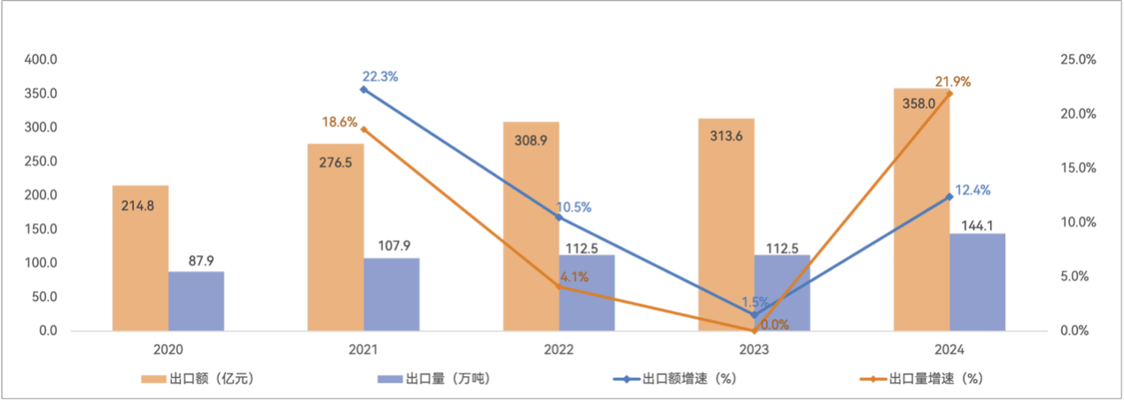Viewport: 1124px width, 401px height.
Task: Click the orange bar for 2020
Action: (x=140, y=258)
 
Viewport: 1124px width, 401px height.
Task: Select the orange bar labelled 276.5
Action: (x=335, y=236)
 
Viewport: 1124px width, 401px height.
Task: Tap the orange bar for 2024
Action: (x=921, y=209)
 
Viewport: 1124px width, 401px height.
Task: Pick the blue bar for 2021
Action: (x=392, y=294)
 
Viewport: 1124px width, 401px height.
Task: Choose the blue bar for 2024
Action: (x=978, y=281)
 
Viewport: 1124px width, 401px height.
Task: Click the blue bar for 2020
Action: (x=197, y=301)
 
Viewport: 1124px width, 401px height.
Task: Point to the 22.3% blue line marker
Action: (x=363, y=89)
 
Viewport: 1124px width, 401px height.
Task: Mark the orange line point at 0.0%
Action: (x=753, y=331)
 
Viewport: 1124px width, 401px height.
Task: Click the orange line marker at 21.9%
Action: (x=949, y=93)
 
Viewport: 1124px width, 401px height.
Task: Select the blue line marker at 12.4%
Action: (x=949, y=197)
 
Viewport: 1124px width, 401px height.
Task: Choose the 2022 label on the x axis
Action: (x=559, y=350)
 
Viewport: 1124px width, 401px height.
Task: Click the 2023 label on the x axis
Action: (x=755, y=350)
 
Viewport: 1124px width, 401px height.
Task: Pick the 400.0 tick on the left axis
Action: (x=41, y=59)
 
